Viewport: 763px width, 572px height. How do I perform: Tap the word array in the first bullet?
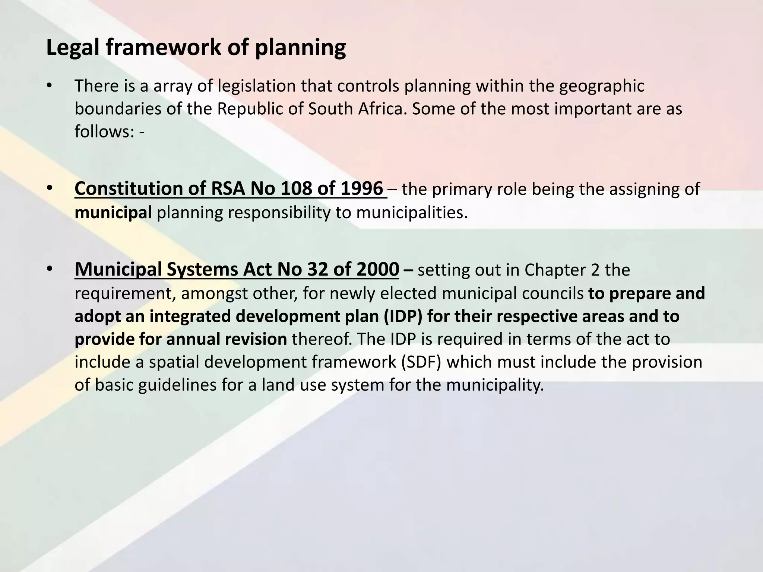point(172,86)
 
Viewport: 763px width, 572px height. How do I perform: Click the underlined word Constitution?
point(140,189)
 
